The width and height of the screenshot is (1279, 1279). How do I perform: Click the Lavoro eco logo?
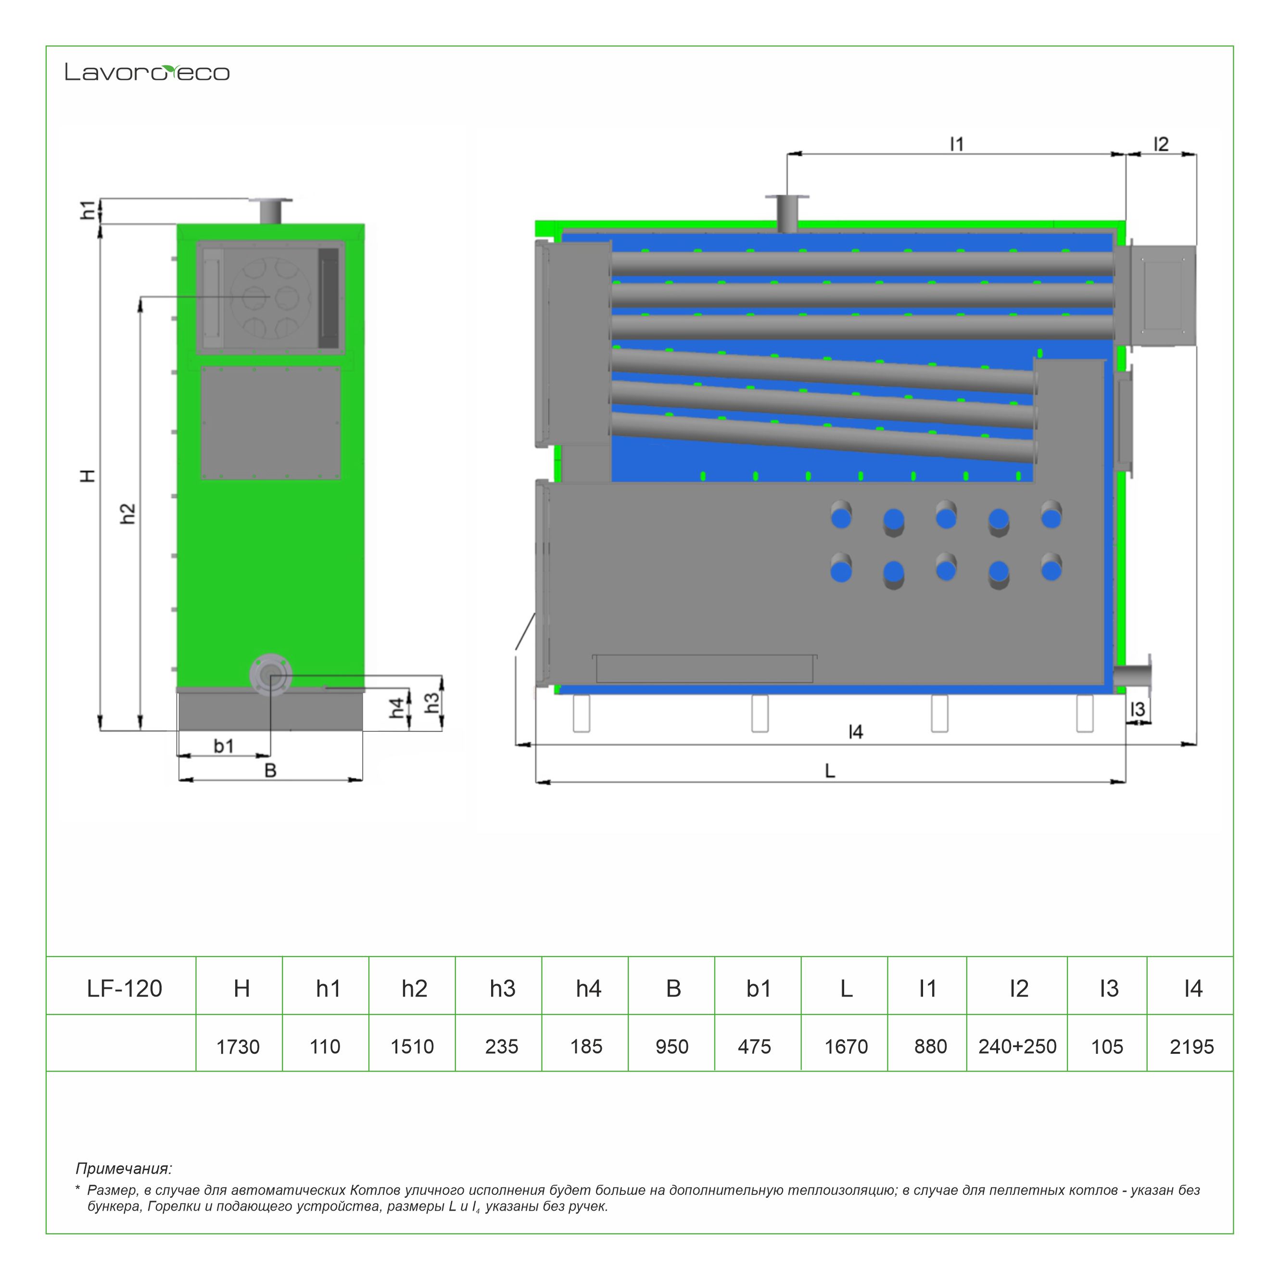(147, 72)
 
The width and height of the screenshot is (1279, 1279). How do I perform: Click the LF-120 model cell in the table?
(125, 988)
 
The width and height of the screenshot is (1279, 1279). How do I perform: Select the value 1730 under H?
(238, 1047)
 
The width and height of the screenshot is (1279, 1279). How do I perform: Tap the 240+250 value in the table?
(1017, 1047)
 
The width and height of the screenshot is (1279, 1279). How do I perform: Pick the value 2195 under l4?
(1191, 1047)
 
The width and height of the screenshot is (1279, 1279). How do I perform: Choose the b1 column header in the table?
(758, 988)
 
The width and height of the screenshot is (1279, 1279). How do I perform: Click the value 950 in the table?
(671, 1047)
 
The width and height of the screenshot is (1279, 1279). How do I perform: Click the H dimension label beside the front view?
(88, 475)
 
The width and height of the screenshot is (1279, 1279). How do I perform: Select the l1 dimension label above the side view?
(957, 144)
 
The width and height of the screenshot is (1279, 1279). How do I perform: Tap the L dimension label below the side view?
(830, 770)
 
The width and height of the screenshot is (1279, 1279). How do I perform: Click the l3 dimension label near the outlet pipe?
(1137, 709)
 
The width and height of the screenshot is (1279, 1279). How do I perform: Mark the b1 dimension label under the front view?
(224, 746)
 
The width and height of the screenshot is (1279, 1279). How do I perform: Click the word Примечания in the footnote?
(123, 1168)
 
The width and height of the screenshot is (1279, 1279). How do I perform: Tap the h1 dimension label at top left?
(88, 210)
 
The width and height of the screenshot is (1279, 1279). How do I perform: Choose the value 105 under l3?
(1107, 1047)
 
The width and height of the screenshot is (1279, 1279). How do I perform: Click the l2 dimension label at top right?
(1161, 144)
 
